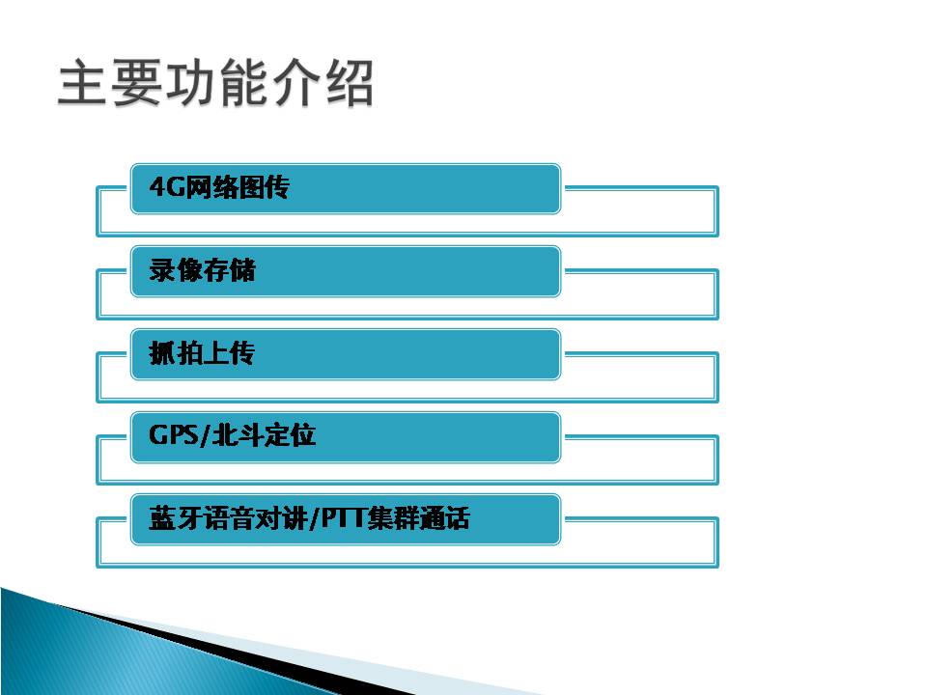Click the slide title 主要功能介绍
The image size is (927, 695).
pos(215,83)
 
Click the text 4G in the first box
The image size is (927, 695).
pos(167,186)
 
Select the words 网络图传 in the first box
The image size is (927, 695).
pos(238,187)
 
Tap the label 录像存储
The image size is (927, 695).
pos(202,270)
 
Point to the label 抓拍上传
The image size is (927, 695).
pos(202,353)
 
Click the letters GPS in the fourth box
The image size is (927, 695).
pos(174,435)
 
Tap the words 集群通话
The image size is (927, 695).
pos(418,518)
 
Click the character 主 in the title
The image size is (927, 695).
pos(83,83)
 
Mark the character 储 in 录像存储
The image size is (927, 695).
pos(243,270)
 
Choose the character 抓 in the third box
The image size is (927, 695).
pos(162,353)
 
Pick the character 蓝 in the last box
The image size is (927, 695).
pos(162,518)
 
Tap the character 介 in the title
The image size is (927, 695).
pos(296,83)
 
